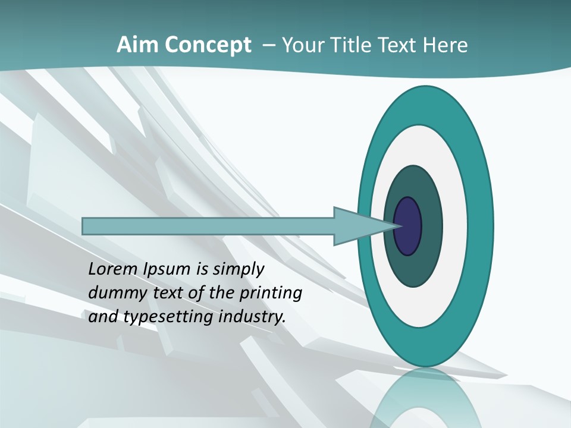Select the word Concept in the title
click(208, 45)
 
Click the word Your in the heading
click(299, 45)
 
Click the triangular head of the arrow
click(357, 226)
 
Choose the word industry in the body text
click(252, 317)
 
